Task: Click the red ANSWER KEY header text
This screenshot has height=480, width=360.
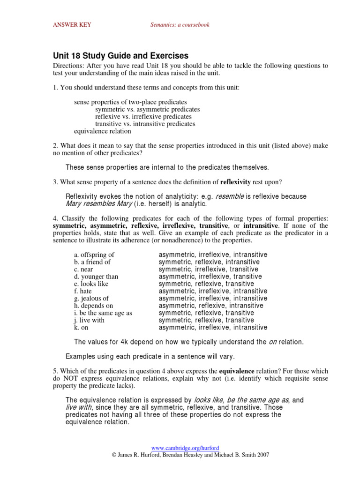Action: point(70,25)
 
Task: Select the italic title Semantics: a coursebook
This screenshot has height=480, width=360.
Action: point(180,25)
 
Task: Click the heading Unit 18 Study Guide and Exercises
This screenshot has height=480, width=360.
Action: point(120,56)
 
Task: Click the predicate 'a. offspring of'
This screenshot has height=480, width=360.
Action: point(94,255)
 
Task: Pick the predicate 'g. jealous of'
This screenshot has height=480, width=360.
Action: point(91,299)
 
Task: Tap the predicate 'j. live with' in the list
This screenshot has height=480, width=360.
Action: point(89,320)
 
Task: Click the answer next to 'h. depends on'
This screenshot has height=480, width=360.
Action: point(211,306)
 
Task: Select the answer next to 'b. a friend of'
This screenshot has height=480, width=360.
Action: point(209,262)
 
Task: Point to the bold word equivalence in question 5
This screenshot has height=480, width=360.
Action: point(238,371)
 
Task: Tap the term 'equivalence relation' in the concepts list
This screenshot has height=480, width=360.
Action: point(102,131)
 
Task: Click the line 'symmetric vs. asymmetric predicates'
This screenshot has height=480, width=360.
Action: point(144,109)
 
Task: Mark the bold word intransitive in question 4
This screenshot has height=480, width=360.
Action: point(261,226)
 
